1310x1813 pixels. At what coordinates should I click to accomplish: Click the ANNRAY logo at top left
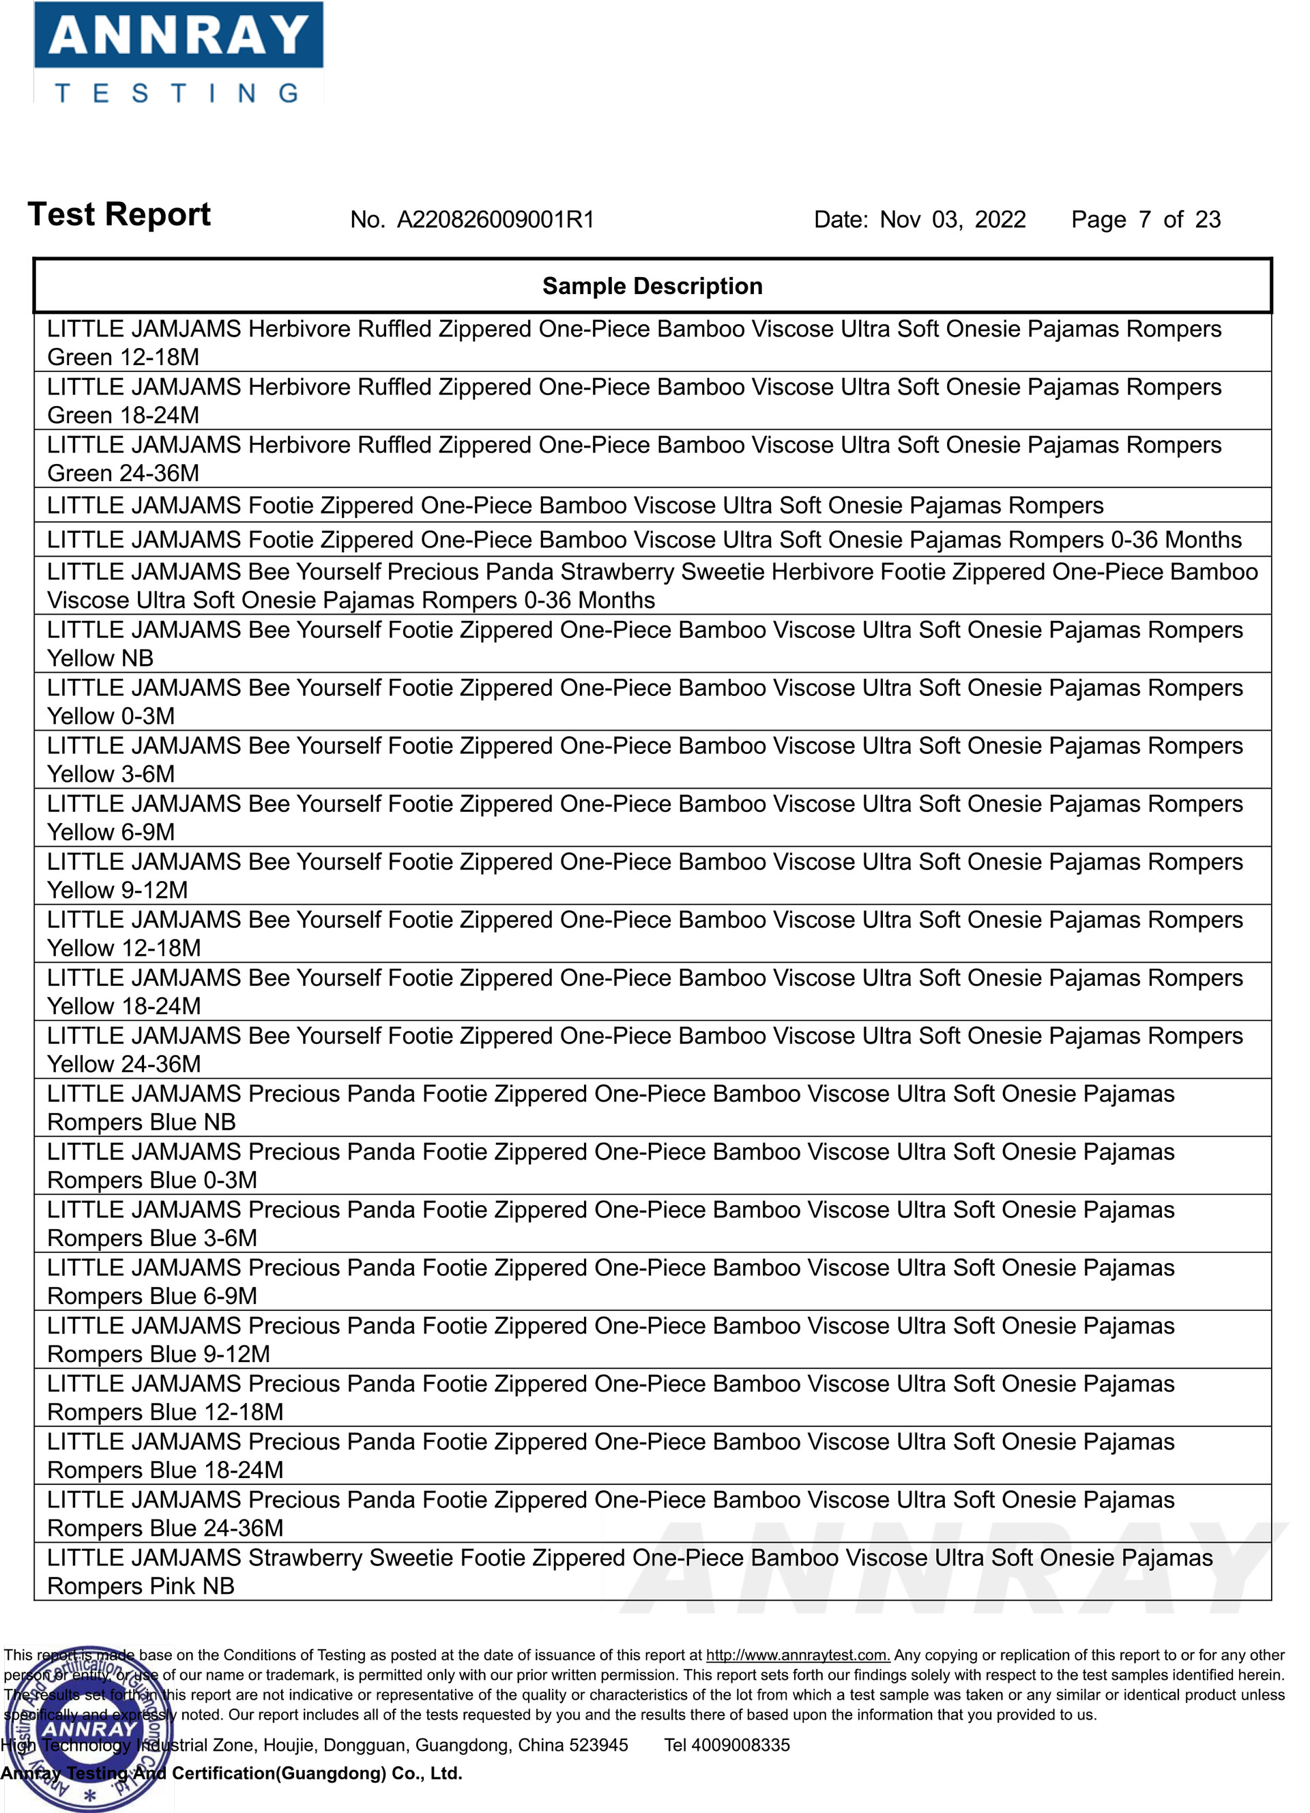177,53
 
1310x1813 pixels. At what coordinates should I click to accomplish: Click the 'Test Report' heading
119,214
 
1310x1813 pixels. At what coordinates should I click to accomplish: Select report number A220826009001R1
495,220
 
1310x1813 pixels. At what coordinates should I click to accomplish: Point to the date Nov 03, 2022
952,220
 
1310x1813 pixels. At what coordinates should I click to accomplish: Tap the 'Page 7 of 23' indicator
1146,220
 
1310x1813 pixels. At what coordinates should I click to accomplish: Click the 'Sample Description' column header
652,286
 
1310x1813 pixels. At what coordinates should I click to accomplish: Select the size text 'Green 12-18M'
123,358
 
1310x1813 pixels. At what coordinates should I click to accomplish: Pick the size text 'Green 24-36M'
123,474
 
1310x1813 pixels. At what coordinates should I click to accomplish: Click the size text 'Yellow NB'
100,658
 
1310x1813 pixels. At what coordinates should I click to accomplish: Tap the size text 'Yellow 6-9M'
111,832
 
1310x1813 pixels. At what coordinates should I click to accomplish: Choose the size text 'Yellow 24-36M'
124,1064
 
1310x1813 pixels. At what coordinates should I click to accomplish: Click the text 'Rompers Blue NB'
141,1122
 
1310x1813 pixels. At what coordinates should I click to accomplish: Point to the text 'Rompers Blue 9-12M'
158,1354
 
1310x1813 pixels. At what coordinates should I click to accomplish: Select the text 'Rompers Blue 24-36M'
165,1528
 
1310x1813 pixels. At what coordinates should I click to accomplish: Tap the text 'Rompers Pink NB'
141,1586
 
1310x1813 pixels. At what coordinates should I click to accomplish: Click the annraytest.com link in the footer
797,1655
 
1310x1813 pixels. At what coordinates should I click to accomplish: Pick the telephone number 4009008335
740,1745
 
